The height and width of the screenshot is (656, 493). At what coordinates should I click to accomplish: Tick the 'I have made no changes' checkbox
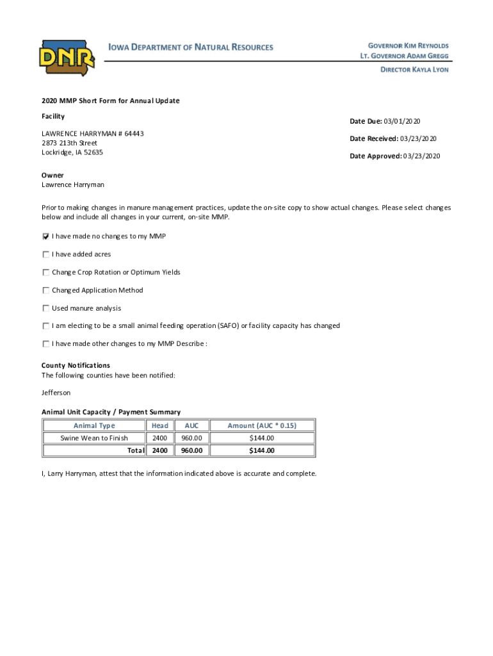pos(46,236)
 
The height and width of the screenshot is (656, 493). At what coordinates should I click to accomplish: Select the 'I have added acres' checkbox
pos(46,254)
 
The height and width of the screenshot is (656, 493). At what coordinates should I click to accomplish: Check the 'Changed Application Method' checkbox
pos(46,290)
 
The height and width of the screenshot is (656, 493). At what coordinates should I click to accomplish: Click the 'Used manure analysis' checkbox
pos(46,308)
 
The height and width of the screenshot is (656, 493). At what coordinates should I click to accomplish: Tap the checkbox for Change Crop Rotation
pos(46,272)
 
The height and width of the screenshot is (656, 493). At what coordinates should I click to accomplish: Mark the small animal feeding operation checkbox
pos(46,326)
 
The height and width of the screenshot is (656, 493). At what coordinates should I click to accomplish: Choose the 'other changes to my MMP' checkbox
pos(46,344)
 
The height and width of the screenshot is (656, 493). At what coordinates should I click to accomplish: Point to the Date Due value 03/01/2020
pos(403,122)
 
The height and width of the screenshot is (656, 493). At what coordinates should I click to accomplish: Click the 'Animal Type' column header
pos(94,425)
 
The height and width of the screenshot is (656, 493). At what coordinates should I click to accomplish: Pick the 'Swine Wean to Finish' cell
pos(94,438)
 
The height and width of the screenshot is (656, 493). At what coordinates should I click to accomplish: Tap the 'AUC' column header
pos(191,425)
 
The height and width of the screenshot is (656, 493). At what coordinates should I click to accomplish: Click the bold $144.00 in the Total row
pos(261,450)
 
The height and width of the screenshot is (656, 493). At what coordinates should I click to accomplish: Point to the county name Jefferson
pos(56,392)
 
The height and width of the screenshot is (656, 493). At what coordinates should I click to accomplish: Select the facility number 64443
pos(133,133)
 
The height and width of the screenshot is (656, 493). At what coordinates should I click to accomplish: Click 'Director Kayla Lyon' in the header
pos(414,69)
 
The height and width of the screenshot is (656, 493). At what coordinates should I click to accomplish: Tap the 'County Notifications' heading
pos(76,365)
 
